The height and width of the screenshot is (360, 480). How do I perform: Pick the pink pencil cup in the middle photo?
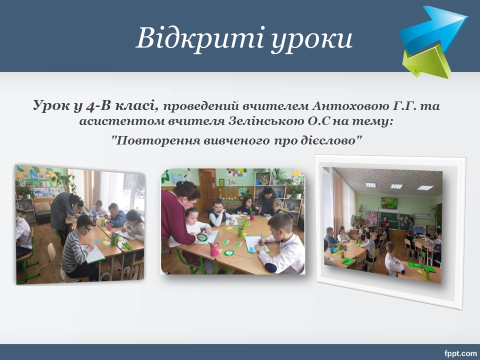tap(214, 249)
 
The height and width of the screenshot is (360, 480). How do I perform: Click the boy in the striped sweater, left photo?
tap(77, 248)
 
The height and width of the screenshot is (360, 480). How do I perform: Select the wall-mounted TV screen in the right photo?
tap(389, 203)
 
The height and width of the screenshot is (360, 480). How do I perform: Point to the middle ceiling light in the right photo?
tap(396, 186)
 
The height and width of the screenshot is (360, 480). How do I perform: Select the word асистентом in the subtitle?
tap(121, 121)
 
